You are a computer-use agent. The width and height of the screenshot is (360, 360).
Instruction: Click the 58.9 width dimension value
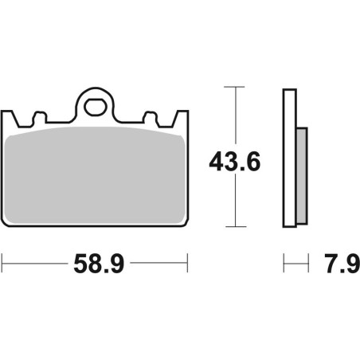click(x=99, y=264)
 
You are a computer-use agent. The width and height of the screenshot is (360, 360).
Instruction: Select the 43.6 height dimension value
click(x=235, y=162)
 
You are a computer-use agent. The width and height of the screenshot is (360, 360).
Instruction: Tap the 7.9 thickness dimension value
click(x=342, y=264)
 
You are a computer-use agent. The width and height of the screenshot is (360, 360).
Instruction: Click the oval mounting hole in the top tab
click(x=96, y=107)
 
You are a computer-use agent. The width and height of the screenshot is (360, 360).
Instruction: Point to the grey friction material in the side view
click(x=302, y=176)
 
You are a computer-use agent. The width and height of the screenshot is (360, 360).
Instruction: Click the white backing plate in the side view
click(x=290, y=158)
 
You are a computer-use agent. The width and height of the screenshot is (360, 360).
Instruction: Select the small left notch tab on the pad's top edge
click(x=39, y=117)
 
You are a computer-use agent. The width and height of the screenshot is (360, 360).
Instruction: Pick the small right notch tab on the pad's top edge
click(x=151, y=117)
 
